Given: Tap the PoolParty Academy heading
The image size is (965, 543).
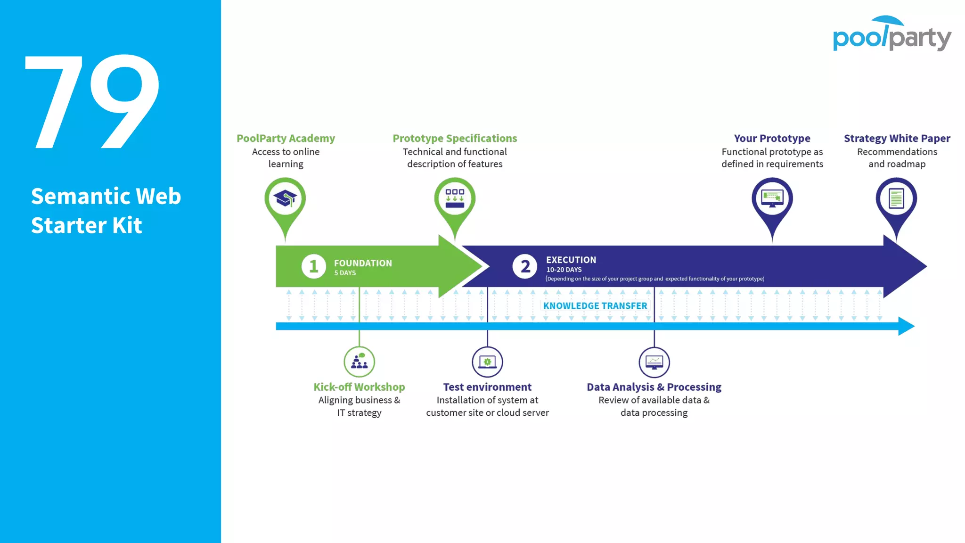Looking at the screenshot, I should (286, 139).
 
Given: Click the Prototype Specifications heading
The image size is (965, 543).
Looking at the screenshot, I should (455, 139).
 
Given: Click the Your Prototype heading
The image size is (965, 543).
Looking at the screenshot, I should (772, 139).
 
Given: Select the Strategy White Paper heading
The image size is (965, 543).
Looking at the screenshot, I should (897, 139).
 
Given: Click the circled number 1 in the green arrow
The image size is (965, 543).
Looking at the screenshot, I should (313, 266).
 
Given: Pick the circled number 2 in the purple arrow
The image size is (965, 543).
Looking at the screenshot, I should (525, 266).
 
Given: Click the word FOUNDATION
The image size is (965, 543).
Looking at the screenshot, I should (363, 263).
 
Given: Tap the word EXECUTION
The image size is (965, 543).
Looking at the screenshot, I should (571, 260).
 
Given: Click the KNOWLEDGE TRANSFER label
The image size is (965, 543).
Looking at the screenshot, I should (595, 306).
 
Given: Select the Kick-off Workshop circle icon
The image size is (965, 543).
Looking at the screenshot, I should (359, 362).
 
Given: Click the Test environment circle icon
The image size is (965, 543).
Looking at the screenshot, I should (487, 362).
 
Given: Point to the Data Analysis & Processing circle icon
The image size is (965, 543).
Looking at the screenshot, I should (654, 362).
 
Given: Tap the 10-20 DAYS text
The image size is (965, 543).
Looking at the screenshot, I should (564, 270).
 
